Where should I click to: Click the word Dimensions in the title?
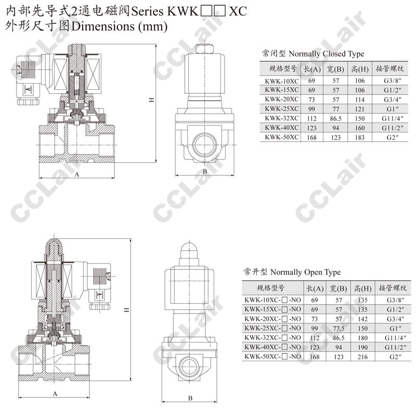(103, 26)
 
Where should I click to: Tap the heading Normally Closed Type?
(326, 54)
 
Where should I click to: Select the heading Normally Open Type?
(305, 272)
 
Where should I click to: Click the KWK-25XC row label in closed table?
(281, 109)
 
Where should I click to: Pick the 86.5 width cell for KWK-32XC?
(335, 118)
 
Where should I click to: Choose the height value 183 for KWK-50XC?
(360, 137)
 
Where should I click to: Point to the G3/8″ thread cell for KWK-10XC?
(393, 80)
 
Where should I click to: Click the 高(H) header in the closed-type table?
(360, 69)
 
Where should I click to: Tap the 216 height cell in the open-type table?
(362, 357)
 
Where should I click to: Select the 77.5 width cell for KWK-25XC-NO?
(339, 329)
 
